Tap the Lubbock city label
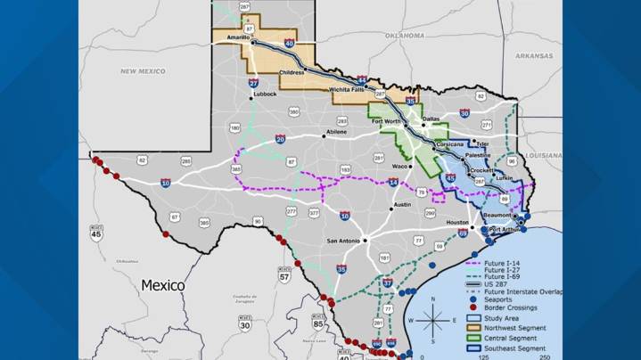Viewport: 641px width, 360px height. pos(265,94)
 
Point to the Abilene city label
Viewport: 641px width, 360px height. pos(336,132)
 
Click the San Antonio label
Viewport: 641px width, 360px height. pos(342,241)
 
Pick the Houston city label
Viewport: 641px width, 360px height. pos(457,222)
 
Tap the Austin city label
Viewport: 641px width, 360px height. pos(402,205)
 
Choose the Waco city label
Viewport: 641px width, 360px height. pos(401,166)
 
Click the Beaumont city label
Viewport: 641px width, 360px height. pos(498,216)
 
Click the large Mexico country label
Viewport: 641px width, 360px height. pos(163,285)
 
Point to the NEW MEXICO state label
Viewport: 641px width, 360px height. pos(143,70)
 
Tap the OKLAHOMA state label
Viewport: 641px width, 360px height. pos(404,36)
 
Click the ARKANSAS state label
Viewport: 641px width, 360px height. pos(534,55)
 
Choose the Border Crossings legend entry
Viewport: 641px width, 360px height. pos(510,308)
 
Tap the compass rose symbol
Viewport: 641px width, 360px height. pos(432,318)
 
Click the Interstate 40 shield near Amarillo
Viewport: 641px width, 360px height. pos(289,43)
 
